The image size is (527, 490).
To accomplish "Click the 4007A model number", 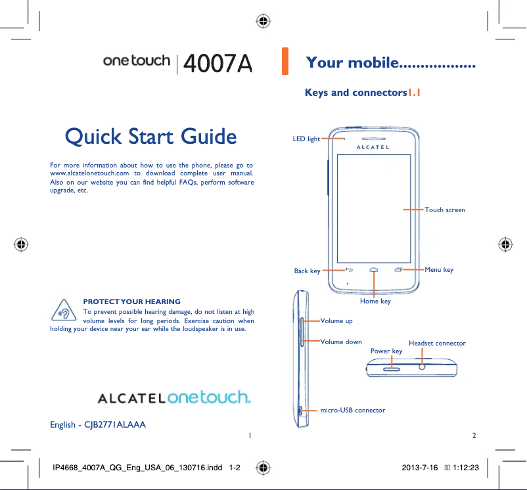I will tap(218, 63).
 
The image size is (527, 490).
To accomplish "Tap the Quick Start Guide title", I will tap(151, 137).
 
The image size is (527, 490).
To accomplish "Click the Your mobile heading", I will tap(390, 63).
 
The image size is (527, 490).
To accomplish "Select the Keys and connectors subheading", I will tap(362, 93).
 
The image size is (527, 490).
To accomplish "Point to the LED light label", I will tap(306, 139).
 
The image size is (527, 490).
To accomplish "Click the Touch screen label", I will tap(445, 210).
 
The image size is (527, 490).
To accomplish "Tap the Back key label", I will tap(307, 271).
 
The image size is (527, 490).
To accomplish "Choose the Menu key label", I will tap(439, 270).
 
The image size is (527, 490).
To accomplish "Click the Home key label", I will tap(375, 301).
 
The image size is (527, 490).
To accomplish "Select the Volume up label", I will tap(336, 321).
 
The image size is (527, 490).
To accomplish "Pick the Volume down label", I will tap(341, 342).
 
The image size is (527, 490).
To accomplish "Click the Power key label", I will tap(386, 351).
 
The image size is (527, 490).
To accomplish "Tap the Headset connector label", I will tap(437, 344).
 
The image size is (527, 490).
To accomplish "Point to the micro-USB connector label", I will tap(353, 411).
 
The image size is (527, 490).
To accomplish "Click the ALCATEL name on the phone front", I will tap(373, 148).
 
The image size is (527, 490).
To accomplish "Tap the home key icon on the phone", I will tap(374, 270).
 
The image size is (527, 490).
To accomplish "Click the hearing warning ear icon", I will tap(64, 311).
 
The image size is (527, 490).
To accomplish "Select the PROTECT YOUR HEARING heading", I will tap(131, 301).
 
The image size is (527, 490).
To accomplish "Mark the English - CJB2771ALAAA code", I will tap(98, 424).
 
